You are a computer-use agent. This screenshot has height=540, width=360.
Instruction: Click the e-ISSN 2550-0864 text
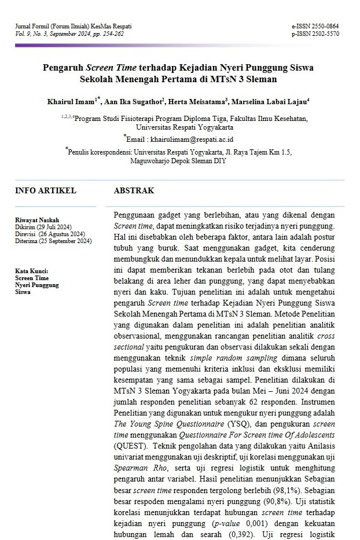(x=315, y=27)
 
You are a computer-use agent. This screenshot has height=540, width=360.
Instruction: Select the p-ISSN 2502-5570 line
(x=315, y=34)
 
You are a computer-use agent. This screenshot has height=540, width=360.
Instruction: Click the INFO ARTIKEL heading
(x=45, y=191)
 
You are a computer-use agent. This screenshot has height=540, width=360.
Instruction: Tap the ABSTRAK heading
(x=134, y=191)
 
